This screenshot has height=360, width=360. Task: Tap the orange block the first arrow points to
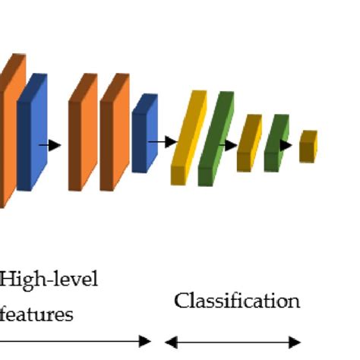82,133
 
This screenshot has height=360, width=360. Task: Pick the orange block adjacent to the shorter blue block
113,133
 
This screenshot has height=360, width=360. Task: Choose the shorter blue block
143,134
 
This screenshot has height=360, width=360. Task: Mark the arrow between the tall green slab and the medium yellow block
229,144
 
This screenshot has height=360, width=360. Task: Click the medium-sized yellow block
248,144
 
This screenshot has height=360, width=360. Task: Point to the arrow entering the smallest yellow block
286,144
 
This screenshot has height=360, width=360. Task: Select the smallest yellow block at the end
307,147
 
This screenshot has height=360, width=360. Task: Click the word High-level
49,280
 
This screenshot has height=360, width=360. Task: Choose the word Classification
237,301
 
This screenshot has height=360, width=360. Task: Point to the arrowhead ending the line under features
146,342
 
